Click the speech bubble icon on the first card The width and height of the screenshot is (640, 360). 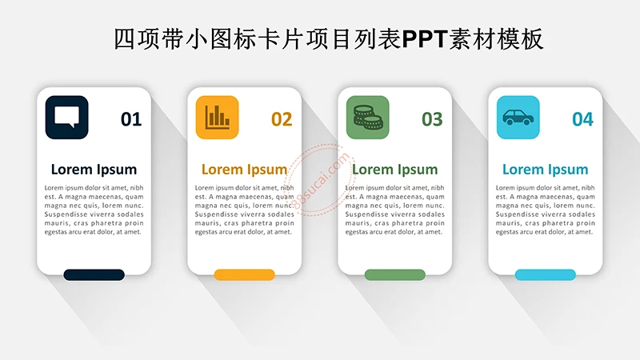[x=66, y=117]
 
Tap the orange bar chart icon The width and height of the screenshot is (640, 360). [x=217, y=117]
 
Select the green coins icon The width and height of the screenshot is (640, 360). [x=367, y=117]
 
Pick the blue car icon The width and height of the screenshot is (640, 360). [x=518, y=117]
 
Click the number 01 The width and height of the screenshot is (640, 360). [x=131, y=119]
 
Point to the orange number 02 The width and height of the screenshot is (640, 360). [x=282, y=119]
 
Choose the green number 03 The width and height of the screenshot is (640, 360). [x=432, y=119]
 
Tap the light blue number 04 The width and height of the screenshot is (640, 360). [x=582, y=119]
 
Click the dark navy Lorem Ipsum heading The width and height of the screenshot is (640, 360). [x=94, y=169]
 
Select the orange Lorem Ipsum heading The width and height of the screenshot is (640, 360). [x=244, y=169]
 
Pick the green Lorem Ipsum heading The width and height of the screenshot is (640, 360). [x=394, y=169]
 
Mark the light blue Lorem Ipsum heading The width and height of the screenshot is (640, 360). [x=545, y=169]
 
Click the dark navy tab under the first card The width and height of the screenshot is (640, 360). [x=94, y=274]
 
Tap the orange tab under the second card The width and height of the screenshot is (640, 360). [x=244, y=274]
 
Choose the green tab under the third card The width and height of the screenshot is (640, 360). [x=394, y=274]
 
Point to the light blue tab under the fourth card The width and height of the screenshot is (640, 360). [x=545, y=274]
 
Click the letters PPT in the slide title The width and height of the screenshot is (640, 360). [x=422, y=38]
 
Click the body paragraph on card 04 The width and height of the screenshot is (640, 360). [x=545, y=210]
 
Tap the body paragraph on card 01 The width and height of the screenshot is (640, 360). [x=94, y=210]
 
